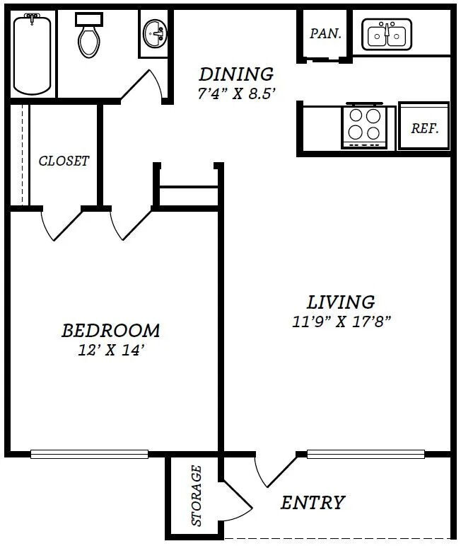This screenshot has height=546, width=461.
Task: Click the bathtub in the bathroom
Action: (32, 54)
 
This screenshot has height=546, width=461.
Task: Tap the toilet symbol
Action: (89, 35)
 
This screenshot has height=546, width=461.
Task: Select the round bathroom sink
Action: (155, 33)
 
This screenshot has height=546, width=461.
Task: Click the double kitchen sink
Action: (387, 35)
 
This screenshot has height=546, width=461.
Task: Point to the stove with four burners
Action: (364, 126)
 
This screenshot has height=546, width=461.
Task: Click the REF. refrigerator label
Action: (425, 128)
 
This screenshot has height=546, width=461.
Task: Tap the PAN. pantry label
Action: (325, 33)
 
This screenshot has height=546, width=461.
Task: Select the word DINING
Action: (236, 74)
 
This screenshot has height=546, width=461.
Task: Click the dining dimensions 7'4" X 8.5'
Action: (237, 93)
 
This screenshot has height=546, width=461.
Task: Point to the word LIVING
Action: (341, 302)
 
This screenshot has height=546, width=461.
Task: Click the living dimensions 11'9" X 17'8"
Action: (342, 322)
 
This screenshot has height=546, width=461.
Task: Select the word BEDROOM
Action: (110, 331)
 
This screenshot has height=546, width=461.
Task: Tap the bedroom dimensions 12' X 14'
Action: (111, 350)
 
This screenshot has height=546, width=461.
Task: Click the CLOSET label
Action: (64, 161)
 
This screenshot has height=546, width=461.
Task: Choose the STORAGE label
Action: (197, 495)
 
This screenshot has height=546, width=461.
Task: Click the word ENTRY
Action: (313, 503)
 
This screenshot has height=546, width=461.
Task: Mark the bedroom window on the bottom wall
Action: (89, 454)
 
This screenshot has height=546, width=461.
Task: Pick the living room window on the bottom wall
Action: (366, 454)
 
